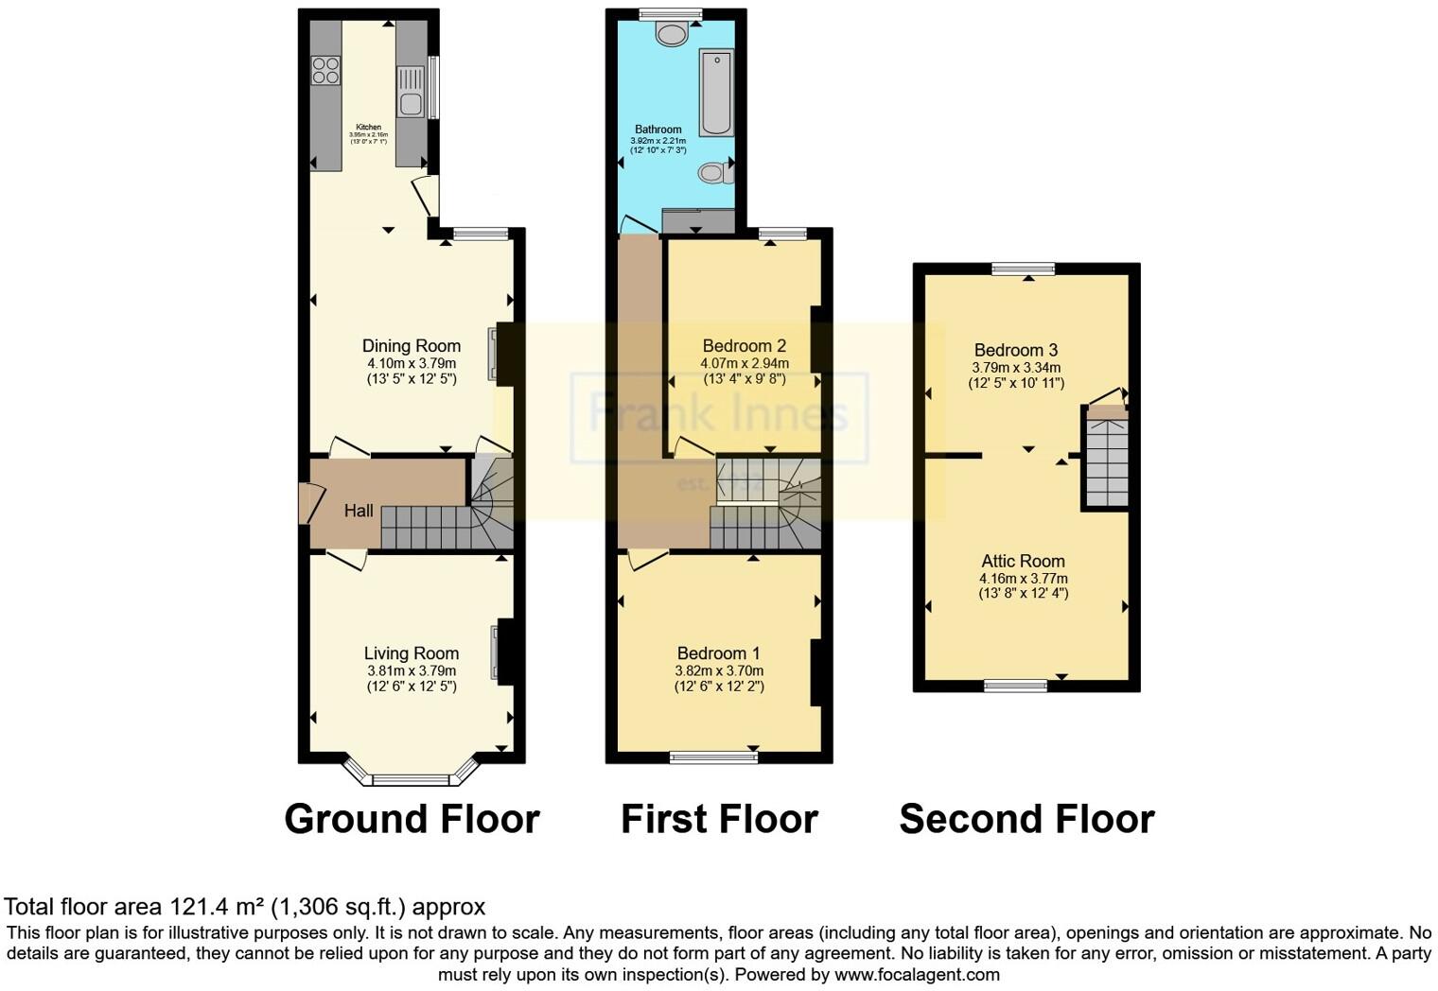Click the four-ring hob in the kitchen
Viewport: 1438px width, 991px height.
click(325, 70)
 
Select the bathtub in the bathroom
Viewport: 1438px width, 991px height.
click(715, 93)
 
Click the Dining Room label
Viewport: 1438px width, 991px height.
click(412, 346)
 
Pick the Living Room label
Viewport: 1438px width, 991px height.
click(412, 653)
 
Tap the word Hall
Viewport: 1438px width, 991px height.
click(359, 512)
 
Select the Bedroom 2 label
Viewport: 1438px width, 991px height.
click(745, 346)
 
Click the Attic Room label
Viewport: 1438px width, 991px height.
click(1023, 561)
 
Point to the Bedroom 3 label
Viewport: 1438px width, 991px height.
click(1016, 351)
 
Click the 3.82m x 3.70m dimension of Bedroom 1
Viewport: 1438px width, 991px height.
click(719, 670)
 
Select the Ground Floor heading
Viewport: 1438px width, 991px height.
click(412, 819)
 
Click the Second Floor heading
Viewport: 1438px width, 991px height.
click(1026, 819)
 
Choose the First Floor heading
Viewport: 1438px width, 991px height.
click(719, 819)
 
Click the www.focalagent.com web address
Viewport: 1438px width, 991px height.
click(917, 974)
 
